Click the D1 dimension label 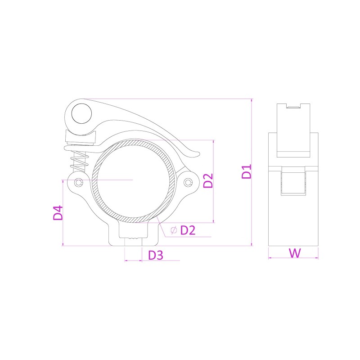tap(247, 171)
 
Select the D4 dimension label tap(58, 213)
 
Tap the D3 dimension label tap(156, 255)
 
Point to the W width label tap(295, 253)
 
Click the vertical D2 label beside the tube tap(208, 181)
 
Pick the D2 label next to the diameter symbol tap(188, 230)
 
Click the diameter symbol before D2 tap(174, 230)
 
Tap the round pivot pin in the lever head tap(81, 114)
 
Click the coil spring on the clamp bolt tap(80, 161)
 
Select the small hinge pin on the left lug tap(79, 183)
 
